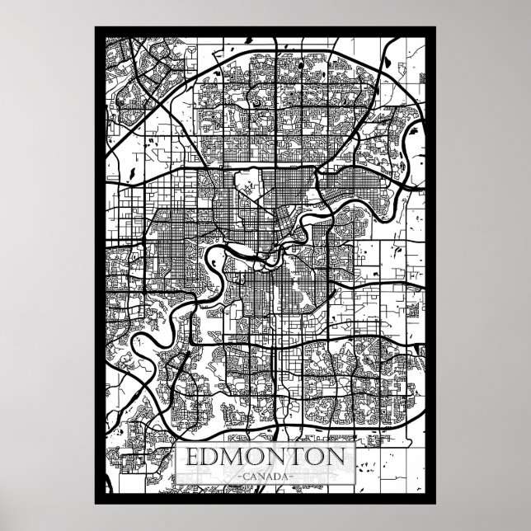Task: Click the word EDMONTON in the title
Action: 265,457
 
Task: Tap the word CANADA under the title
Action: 265,477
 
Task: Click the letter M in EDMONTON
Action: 234,457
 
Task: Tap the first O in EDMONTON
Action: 256,457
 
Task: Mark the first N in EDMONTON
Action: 277,457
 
